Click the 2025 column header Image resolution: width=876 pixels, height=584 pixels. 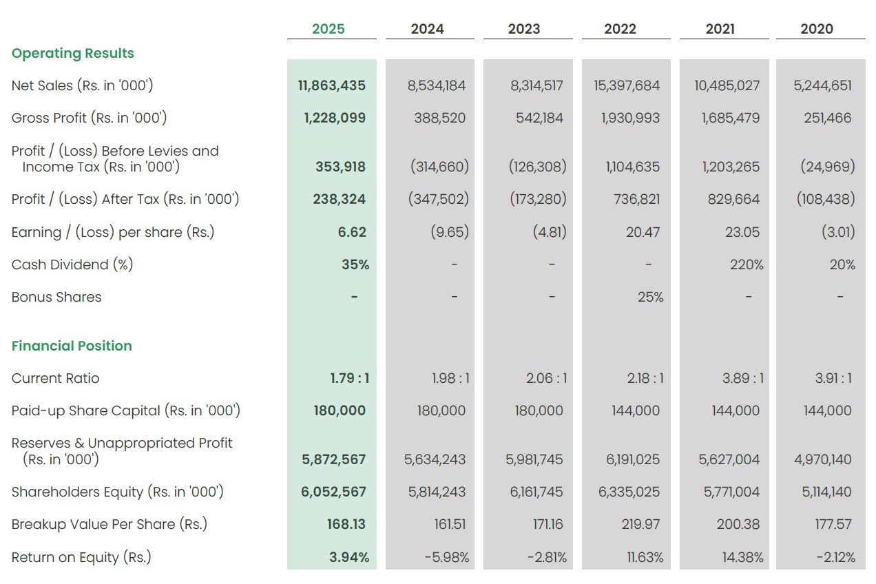[x=328, y=29]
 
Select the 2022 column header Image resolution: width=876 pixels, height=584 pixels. [x=620, y=29]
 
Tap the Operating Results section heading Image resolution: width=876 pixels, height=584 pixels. [x=73, y=54]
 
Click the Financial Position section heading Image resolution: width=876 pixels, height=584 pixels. [x=72, y=346]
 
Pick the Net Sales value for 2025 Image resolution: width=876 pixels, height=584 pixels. [x=332, y=86]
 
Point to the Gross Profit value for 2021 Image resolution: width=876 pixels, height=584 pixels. [x=731, y=118]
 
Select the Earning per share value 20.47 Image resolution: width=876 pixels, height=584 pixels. [x=643, y=232]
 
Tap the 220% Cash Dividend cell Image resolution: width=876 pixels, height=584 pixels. [x=747, y=264]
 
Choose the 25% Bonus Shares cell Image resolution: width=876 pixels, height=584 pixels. [x=651, y=298]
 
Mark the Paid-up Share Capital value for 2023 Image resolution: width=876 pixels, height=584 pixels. [x=539, y=410]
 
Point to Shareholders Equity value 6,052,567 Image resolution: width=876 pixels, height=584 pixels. [x=334, y=492]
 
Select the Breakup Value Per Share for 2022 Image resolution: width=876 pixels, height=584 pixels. [x=641, y=524]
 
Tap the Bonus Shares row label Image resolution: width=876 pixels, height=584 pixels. [x=56, y=298]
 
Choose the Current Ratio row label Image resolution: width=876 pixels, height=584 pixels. [x=56, y=378]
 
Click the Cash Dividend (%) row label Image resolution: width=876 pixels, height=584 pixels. [x=72, y=264]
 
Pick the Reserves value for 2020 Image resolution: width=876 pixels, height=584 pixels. [x=823, y=459]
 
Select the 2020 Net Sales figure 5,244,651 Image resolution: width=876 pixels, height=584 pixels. [x=823, y=86]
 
